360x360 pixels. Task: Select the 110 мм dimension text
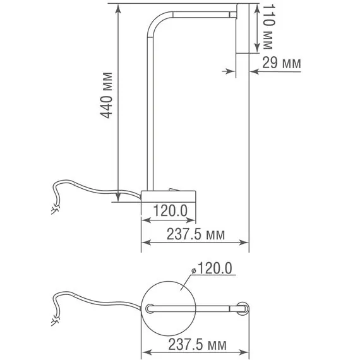pyautogui.click(x=268, y=28)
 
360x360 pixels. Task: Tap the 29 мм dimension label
pyautogui.click(x=282, y=63)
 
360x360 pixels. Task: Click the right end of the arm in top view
pyautogui.click(x=243, y=308)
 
